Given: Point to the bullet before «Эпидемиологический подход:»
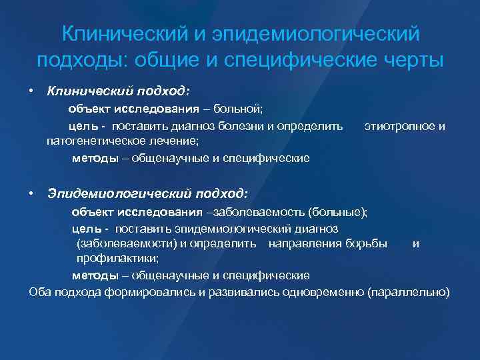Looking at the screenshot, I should (31, 193).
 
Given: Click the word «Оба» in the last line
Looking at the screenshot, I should (39, 291).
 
